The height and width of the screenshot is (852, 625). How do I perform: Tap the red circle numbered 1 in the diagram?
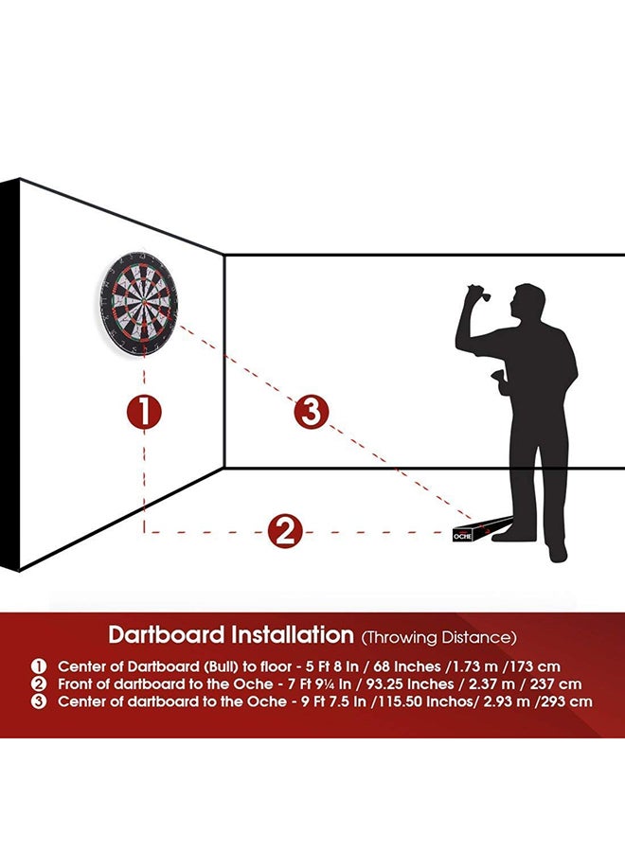(x=144, y=413)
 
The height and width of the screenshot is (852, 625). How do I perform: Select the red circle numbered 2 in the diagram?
(x=285, y=532)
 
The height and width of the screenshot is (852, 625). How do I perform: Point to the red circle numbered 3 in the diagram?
(x=312, y=413)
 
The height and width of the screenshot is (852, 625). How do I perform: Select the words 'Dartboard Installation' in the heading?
(x=231, y=634)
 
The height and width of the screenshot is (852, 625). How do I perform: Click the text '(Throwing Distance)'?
(x=438, y=637)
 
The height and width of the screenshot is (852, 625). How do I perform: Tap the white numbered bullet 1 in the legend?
(x=39, y=666)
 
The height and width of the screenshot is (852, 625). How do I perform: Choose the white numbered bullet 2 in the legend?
(x=39, y=684)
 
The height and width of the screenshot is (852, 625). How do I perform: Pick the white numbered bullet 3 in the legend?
(x=39, y=701)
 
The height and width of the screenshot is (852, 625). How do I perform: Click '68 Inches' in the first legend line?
(x=407, y=666)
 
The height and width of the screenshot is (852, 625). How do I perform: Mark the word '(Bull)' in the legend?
(x=220, y=666)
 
